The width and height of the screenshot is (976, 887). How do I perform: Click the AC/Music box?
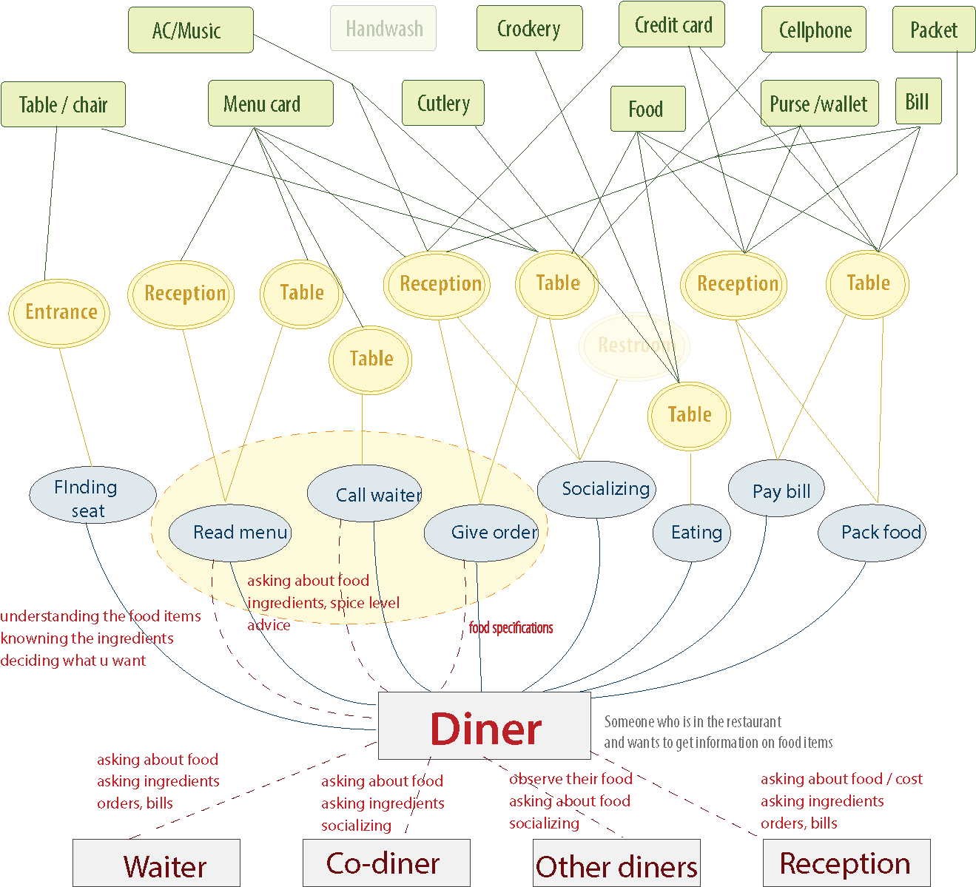click(190, 30)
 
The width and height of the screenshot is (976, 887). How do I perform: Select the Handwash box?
click(383, 29)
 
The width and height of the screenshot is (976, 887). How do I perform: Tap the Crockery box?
click(529, 29)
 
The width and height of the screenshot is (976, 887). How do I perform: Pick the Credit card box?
click(672, 25)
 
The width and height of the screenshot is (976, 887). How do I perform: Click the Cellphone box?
click(814, 30)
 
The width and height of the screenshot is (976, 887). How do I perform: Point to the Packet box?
click(933, 30)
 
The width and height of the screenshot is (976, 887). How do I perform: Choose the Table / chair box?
click(63, 105)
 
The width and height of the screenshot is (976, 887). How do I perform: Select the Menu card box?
click(270, 104)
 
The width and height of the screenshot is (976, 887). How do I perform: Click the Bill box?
click(918, 101)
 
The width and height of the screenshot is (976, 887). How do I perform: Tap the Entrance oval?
click(59, 312)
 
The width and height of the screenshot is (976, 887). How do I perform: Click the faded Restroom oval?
click(634, 345)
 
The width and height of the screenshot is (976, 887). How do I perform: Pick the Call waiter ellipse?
click(365, 493)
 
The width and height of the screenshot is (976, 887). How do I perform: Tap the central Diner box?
click(485, 726)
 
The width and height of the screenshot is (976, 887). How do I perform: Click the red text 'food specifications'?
click(511, 628)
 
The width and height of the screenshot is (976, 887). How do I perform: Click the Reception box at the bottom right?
click(846, 863)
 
